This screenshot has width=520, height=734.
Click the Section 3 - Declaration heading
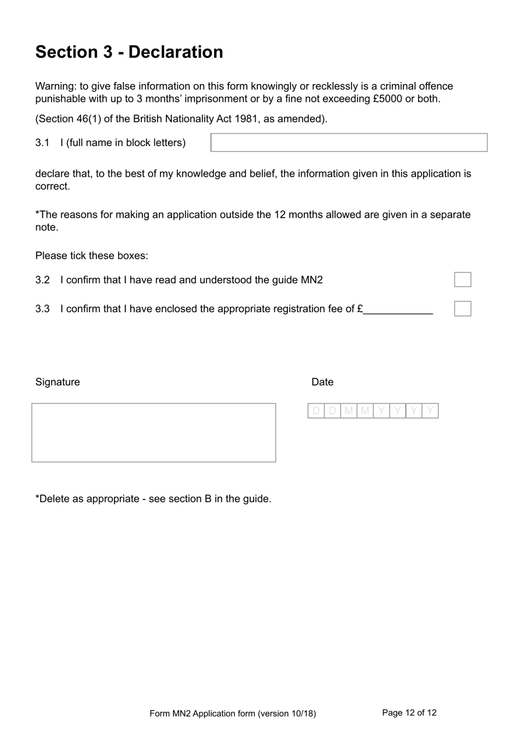(x=129, y=52)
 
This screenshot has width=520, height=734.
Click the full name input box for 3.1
(x=349, y=143)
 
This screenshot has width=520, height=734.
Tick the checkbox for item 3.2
(x=463, y=279)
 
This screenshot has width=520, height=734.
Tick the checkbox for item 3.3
(x=463, y=308)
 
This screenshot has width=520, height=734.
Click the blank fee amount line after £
(x=398, y=310)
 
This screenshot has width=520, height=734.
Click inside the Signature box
(x=154, y=433)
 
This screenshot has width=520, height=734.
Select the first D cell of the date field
(x=316, y=411)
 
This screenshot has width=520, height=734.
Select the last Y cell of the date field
(x=430, y=411)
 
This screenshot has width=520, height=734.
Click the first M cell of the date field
(x=349, y=411)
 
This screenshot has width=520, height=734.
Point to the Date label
(x=322, y=382)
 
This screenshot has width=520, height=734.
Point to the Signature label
(x=57, y=382)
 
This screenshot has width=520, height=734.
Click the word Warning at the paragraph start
(x=55, y=86)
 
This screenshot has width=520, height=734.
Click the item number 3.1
(x=42, y=143)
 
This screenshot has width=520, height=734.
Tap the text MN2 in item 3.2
(x=311, y=280)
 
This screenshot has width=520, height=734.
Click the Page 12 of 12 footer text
(x=409, y=713)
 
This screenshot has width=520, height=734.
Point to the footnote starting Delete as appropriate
(x=153, y=499)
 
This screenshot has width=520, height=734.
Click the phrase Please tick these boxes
(x=91, y=256)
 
